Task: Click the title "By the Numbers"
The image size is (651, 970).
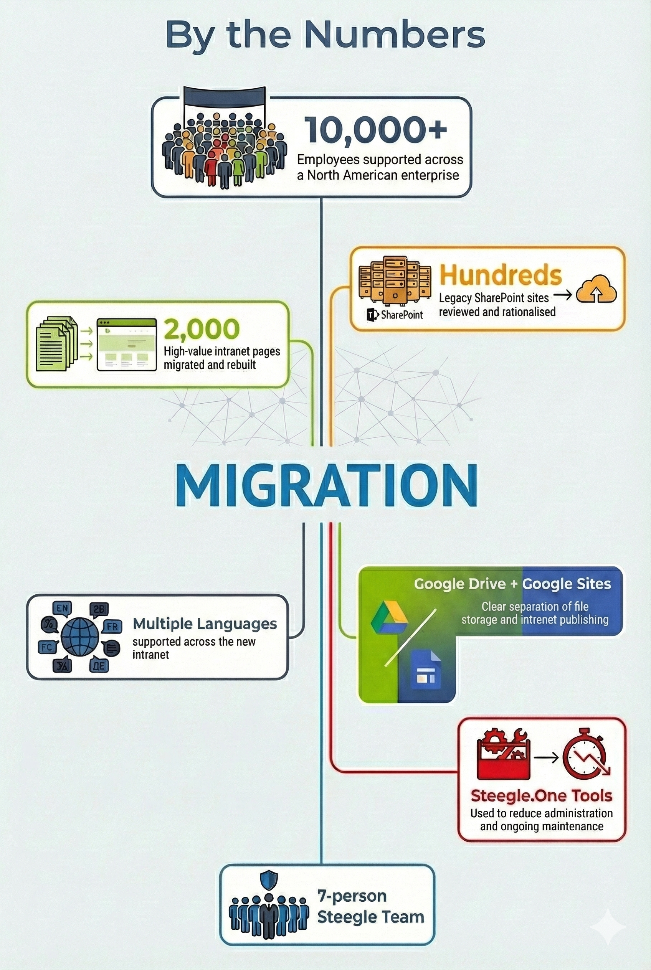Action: point(325,34)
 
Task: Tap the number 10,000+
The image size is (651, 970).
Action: point(376,130)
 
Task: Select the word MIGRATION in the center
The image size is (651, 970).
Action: point(326,485)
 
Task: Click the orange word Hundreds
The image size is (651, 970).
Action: point(500,275)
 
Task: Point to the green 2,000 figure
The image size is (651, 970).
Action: point(202,329)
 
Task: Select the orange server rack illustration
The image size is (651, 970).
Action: point(395,280)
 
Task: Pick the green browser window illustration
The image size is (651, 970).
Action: point(127,344)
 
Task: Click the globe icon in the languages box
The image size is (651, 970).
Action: point(80,636)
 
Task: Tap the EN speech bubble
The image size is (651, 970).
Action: point(62,609)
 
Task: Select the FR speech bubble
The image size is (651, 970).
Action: point(112,626)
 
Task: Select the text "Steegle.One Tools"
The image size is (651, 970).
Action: point(541,795)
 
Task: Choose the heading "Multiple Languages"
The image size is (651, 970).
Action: point(205,624)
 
